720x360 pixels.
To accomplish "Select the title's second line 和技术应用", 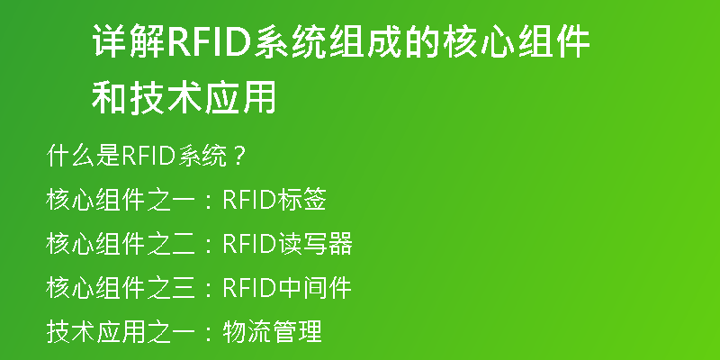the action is pos(184,97).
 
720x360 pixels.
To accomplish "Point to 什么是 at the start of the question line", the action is pos(83,157).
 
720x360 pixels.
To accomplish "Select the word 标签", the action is pos(301,200).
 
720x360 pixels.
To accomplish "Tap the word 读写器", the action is pos(313,244).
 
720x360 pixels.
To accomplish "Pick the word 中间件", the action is pos(313,288).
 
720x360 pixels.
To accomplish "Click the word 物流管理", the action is pos(272,331).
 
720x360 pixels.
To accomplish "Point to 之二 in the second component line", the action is pos(170,244).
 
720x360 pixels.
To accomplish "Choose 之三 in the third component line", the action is pos(170,288).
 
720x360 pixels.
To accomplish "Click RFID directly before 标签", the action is pos(248,201).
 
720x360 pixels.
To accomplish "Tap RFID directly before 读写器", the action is pos(248,244).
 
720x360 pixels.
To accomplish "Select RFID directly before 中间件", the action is pos(248,288).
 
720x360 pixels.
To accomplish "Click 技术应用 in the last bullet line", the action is pos(96,331).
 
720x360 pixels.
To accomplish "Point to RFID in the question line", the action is pos(148,157).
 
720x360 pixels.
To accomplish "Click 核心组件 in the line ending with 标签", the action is pos(96,200).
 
